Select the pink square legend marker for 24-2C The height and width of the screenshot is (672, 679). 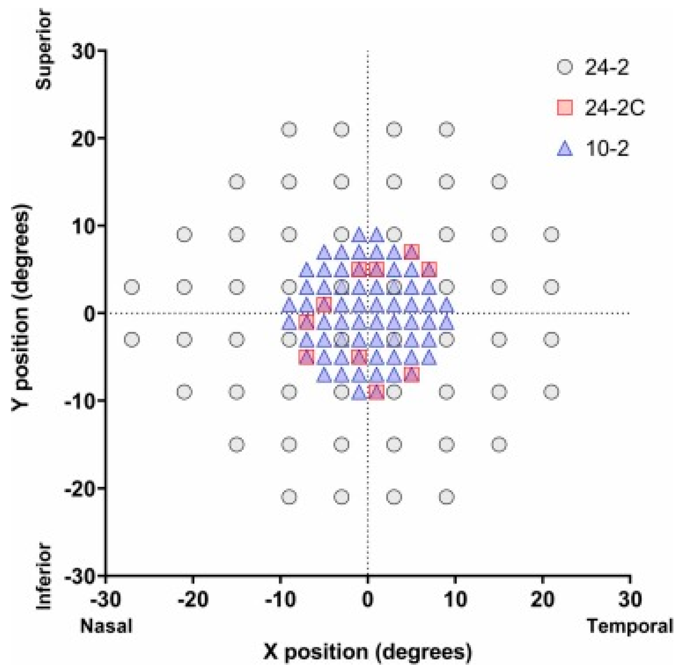(565, 108)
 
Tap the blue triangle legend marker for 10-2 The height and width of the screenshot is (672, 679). (565, 149)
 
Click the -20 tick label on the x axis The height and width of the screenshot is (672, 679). (193, 599)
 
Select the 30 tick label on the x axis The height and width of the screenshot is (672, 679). (630, 599)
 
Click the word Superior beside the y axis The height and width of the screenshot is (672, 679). (44, 50)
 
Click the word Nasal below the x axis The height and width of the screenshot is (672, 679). (106, 626)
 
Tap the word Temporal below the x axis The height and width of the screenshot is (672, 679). (629, 626)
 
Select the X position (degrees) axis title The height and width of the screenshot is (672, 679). (368, 652)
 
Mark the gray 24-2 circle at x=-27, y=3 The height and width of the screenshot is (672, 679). (132, 287)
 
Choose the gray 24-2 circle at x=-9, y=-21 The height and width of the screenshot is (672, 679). (289, 497)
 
